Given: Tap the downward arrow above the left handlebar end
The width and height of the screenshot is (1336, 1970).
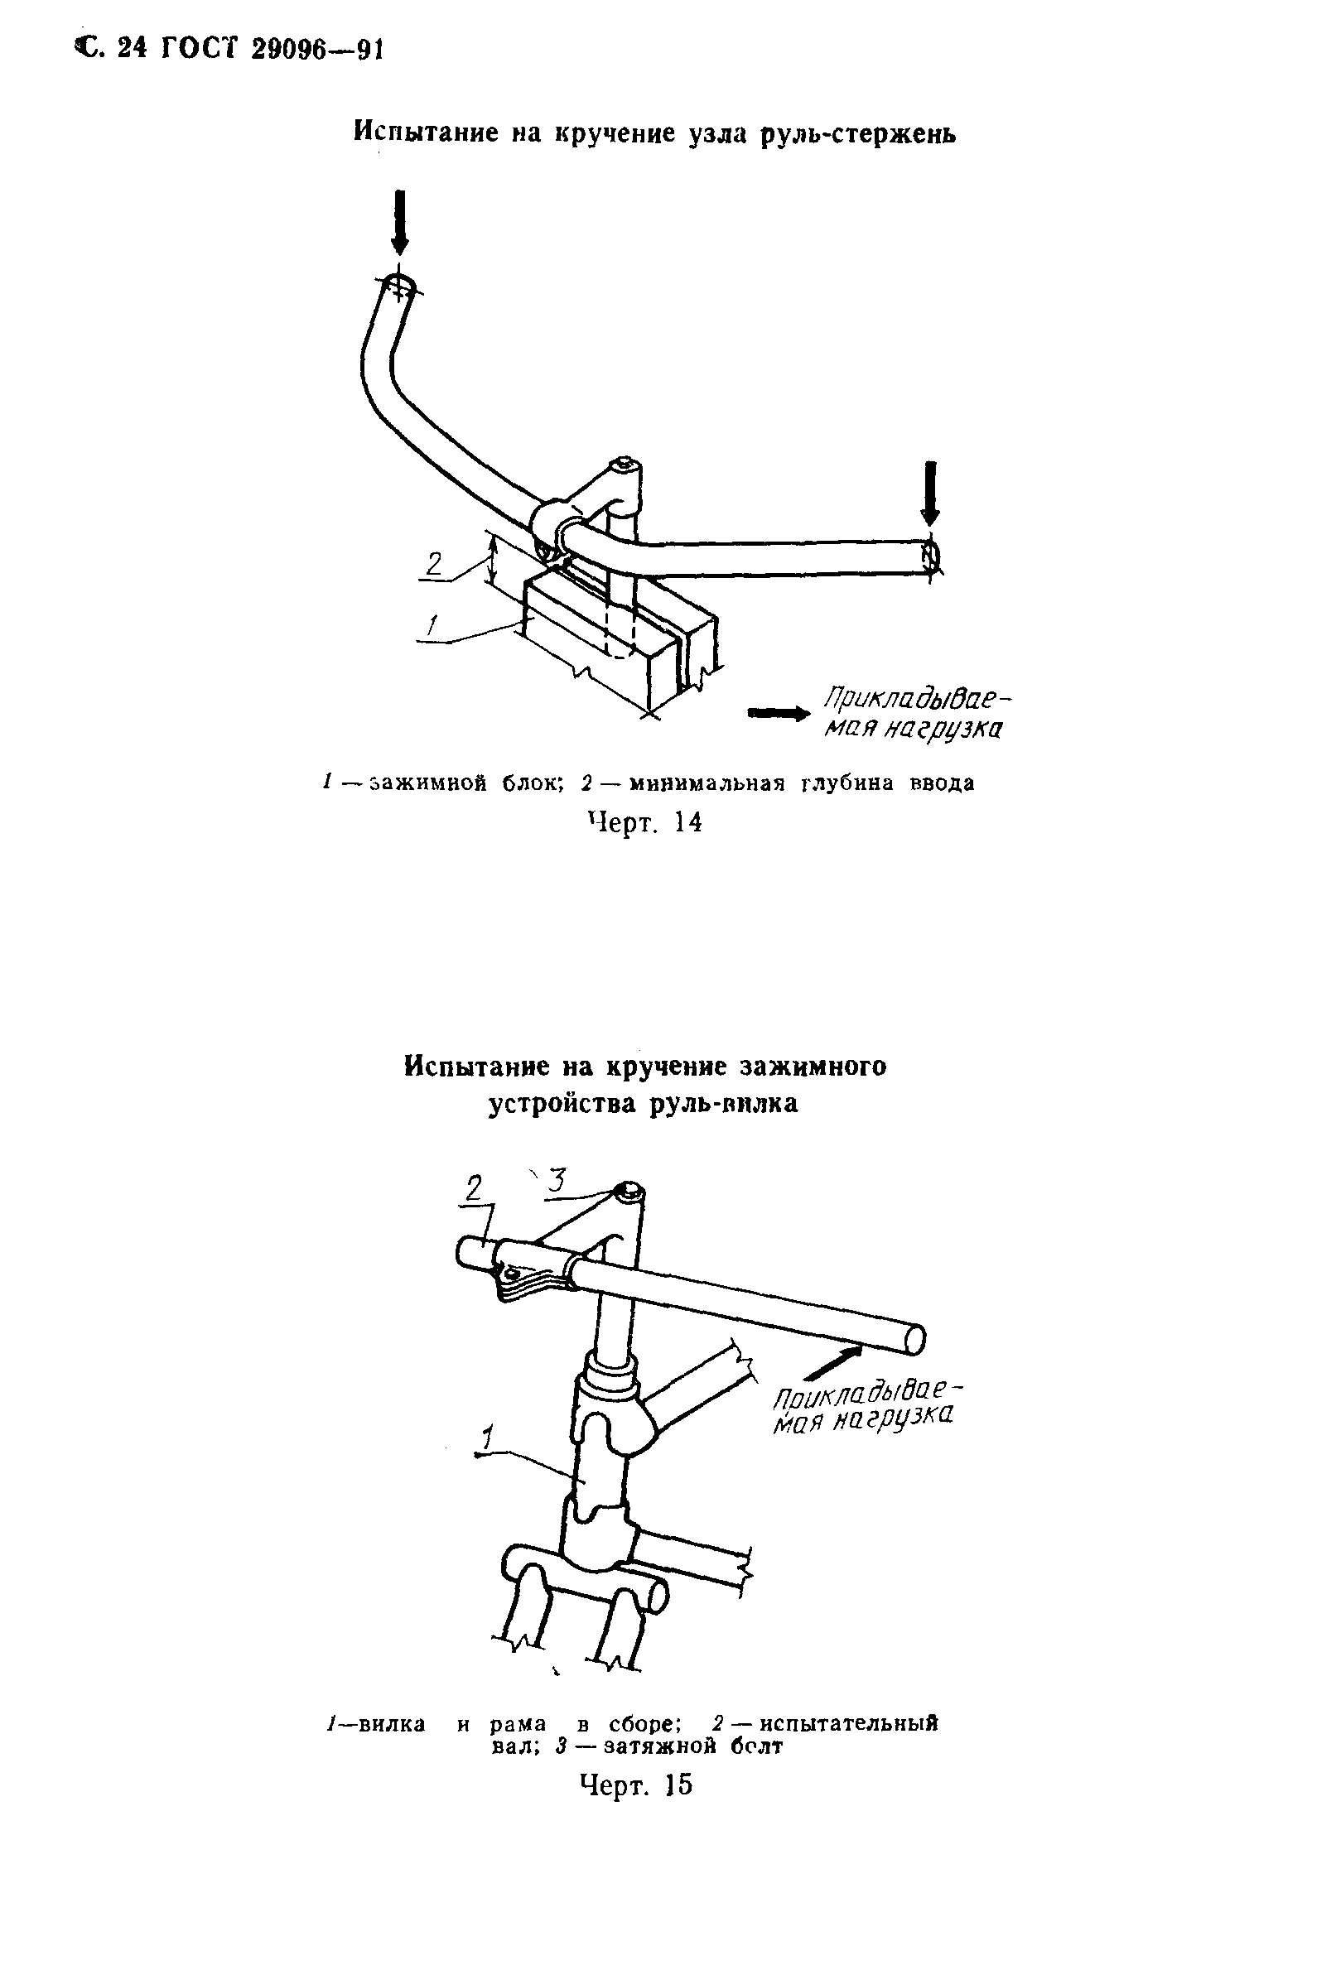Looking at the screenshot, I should pyautogui.click(x=400, y=221).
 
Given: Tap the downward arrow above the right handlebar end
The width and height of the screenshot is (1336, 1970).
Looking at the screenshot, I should pyautogui.click(x=930, y=494).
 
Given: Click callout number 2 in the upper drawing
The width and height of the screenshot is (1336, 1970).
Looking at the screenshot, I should pyautogui.click(x=434, y=564).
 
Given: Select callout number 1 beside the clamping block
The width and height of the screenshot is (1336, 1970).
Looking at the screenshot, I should pyautogui.click(x=432, y=626).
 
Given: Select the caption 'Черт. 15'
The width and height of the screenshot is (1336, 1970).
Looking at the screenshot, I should pyautogui.click(x=637, y=1785).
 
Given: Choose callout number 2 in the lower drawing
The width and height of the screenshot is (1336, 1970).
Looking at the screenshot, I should pyautogui.click(x=473, y=1190).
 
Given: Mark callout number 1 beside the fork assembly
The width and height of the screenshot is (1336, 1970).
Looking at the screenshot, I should pyautogui.click(x=487, y=1439).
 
